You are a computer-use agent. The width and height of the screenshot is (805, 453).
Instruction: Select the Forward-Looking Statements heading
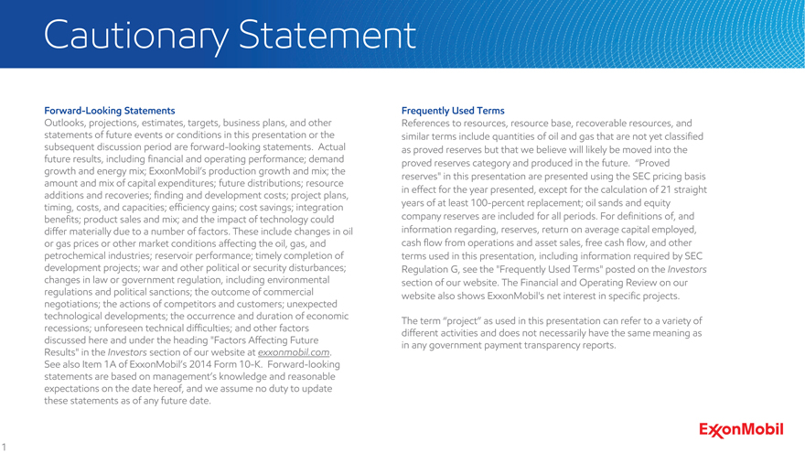coord(103,111)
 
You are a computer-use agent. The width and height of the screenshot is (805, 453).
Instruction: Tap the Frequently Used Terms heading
coord(453,111)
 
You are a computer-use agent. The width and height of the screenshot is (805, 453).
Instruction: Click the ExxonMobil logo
coord(741,429)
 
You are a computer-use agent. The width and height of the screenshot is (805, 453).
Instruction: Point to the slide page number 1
coord(5,447)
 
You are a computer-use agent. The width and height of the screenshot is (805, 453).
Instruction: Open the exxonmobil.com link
coord(294,352)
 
